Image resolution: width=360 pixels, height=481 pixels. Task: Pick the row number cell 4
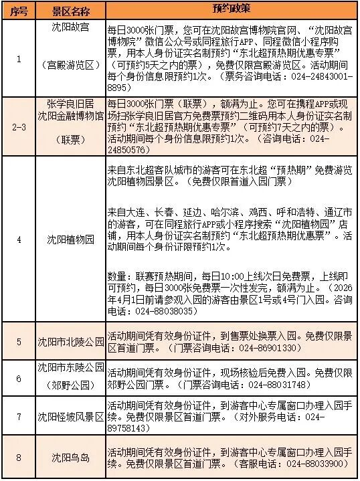coord(18,238)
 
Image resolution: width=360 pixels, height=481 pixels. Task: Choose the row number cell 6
coord(18,379)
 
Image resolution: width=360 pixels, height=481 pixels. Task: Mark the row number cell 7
coord(18,417)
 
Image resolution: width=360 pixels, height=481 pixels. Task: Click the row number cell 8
coord(18,458)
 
